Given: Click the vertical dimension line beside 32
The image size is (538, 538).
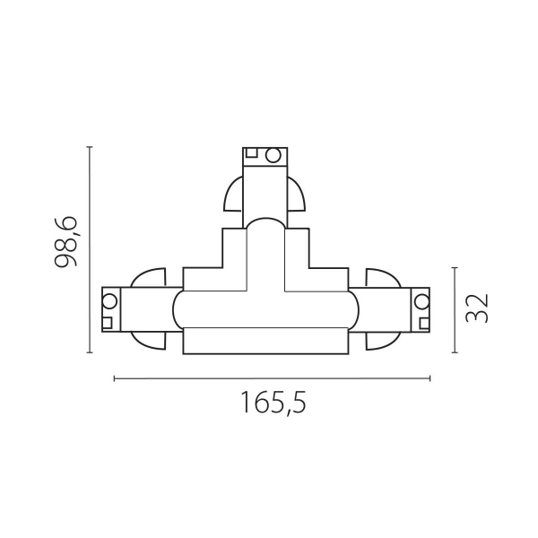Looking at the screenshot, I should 456,308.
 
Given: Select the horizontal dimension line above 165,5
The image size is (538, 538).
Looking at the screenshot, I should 272,378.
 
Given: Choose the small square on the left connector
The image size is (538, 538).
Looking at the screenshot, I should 108,320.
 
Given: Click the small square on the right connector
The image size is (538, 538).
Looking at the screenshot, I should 423,299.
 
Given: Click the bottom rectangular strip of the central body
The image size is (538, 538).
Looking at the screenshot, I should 265,342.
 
